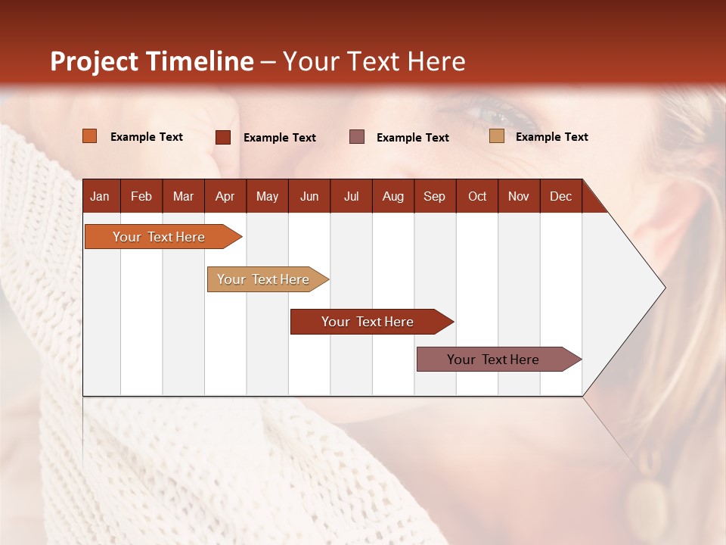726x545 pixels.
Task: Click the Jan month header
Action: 100,196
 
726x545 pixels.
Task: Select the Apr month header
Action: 225,196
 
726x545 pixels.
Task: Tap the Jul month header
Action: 351,196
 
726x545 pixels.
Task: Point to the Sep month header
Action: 434,196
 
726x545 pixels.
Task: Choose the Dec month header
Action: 560,196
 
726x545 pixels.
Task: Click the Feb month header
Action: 141,196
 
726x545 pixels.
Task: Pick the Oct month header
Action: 477,196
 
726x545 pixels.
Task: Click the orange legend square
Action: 90,136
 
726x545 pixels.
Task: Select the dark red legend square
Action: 223,137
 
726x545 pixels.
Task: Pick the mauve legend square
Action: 357,137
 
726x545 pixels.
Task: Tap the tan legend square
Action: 497,136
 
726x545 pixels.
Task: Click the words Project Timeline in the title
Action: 152,61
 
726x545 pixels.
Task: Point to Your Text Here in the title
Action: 374,61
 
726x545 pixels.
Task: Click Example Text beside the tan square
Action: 551,137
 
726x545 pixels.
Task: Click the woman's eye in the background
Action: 495,116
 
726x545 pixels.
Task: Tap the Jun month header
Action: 309,196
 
